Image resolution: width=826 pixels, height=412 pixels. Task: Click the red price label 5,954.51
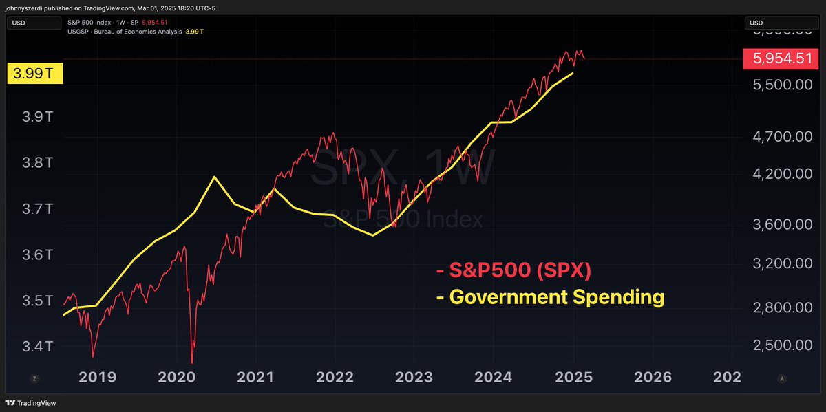coord(783,59)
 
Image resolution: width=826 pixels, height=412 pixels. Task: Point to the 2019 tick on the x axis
coord(98,378)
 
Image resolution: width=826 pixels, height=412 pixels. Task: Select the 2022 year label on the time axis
coord(335,378)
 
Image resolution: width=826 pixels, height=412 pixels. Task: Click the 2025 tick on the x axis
coord(573,378)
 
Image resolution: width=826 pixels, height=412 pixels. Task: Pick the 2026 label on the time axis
coord(653,378)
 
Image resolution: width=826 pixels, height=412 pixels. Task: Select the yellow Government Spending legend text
coord(550,297)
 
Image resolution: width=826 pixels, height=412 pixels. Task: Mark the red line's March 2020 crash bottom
coord(192,362)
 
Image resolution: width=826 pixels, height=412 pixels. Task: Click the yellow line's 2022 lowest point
coord(372,235)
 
